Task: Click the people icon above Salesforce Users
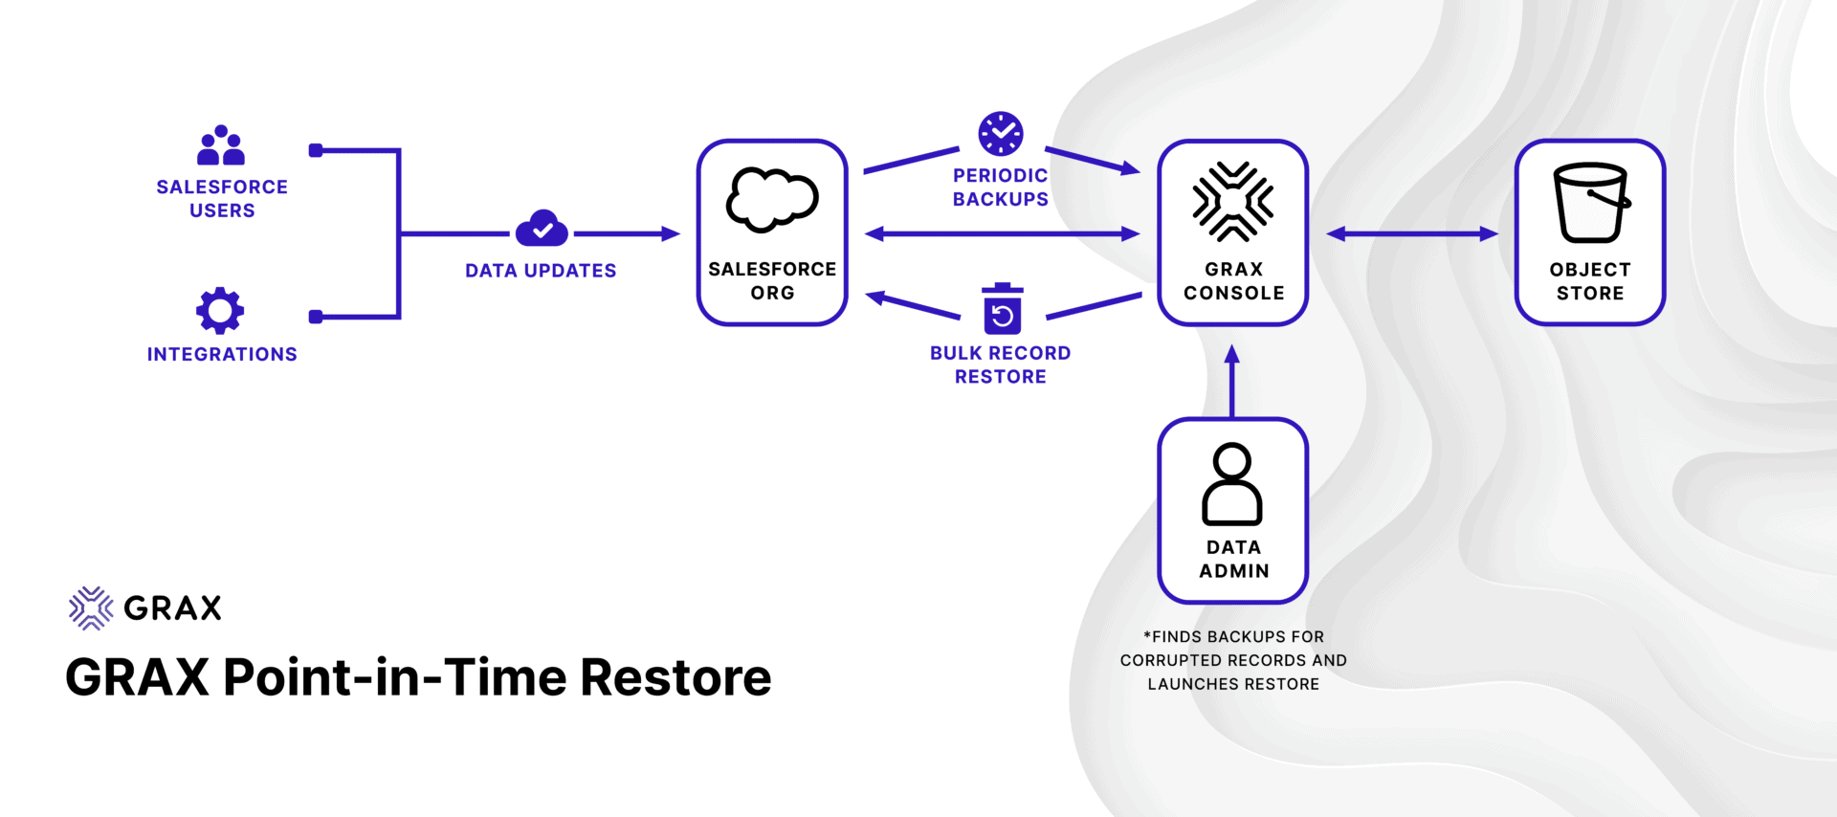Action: point(221,145)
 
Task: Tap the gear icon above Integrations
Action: point(220,310)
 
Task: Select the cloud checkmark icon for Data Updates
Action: point(542,229)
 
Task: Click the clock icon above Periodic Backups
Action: point(1001,134)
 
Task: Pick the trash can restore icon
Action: point(1002,309)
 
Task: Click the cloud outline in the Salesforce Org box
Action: point(772,200)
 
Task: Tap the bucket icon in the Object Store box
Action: point(1590,202)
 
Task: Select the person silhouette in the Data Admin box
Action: point(1232,484)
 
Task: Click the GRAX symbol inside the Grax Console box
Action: point(1232,202)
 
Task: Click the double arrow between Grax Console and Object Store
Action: point(1412,233)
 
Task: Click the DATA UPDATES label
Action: point(541,271)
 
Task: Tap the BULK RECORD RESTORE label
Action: point(1001,364)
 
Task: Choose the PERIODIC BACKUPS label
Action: point(1001,188)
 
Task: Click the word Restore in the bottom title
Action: point(675,677)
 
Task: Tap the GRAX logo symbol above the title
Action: point(91,607)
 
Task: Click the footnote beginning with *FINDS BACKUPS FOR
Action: point(1233,660)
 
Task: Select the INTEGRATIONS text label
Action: point(222,354)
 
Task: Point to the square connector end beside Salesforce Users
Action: point(316,150)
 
